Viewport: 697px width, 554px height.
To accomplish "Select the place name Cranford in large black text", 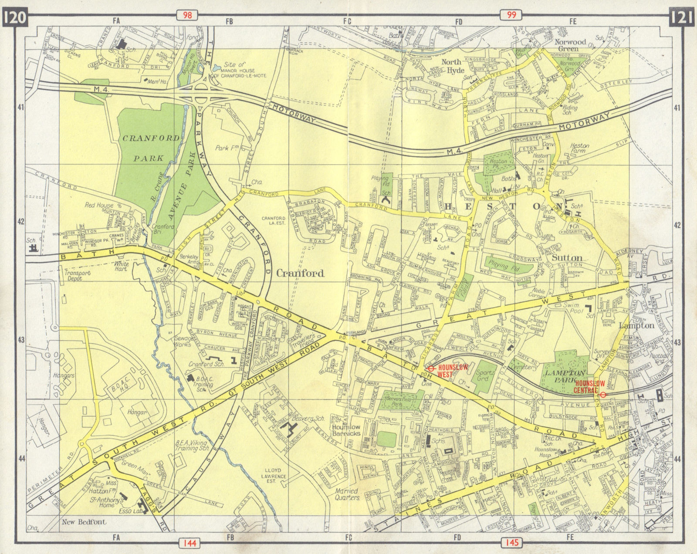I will coord(300,273).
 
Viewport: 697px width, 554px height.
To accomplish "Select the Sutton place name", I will coord(567,257).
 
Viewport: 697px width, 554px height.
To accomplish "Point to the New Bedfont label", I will coord(80,522).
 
